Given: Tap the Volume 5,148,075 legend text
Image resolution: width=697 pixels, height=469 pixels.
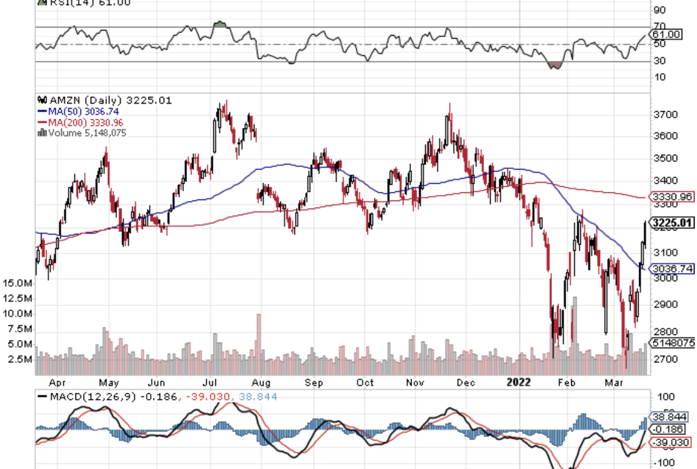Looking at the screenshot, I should (85, 133).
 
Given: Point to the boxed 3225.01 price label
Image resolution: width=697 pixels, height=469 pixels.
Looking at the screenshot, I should (672, 223).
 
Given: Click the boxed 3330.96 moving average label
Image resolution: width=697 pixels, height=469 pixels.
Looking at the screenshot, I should (672, 197).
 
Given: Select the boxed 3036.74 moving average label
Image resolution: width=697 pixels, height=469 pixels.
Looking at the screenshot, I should (672, 269).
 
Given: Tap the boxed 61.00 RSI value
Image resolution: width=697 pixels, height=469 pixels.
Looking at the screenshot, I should (666, 34).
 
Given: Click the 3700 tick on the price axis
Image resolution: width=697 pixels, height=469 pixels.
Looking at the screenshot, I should (663, 115).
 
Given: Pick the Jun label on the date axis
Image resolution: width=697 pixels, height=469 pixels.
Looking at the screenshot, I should (156, 383).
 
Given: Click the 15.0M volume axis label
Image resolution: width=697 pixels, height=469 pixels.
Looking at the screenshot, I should (17, 284).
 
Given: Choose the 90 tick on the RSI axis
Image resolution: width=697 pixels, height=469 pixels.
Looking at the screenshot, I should (658, 10).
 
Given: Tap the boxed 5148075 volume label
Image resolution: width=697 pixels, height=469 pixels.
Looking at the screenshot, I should (672, 343).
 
